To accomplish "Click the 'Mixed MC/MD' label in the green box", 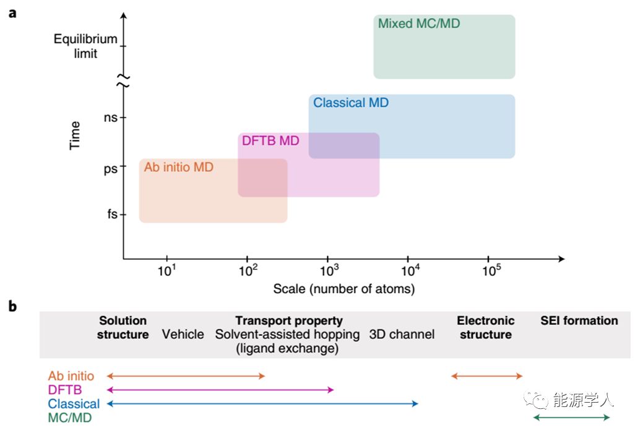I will (x=419, y=24).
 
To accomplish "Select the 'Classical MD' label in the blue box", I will (x=351, y=103).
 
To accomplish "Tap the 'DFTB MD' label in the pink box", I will (x=270, y=141).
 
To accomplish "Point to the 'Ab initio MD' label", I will (x=178, y=167).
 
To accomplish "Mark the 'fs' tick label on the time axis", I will (x=111, y=215).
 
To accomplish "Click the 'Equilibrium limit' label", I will (x=85, y=46).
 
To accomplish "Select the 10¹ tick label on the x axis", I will (x=167, y=270).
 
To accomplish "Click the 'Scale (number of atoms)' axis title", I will (x=344, y=289).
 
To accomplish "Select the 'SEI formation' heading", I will (x=579, y=320).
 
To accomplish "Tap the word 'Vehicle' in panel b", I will (x=183, y=335).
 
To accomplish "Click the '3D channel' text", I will (x=402, y=335).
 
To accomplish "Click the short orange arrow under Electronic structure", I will (x=487, y=376).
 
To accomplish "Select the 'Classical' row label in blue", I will (x=74, y=404).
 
